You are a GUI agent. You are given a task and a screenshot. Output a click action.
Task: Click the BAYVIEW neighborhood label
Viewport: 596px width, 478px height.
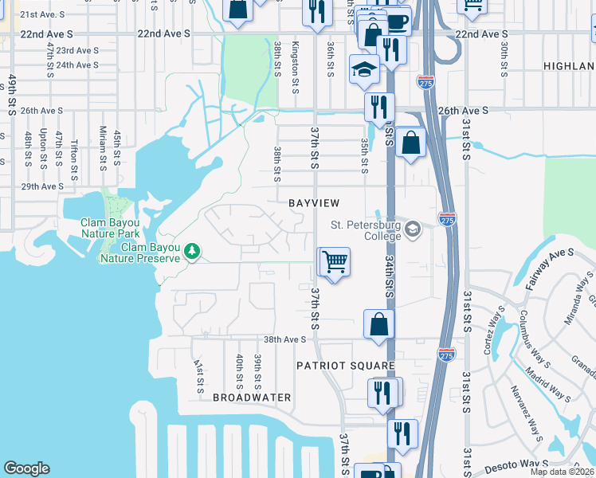pos(316,204)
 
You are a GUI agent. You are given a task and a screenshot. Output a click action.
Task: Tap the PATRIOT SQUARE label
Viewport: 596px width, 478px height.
pos(346,366)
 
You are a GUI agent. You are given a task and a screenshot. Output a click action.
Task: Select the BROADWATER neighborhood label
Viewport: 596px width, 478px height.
pos(252,397)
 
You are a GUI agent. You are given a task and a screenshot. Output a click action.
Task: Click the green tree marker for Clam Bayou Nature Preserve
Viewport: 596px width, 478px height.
pos(191,253)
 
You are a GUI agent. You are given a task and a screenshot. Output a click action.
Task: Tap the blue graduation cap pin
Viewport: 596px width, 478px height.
pos(364,69)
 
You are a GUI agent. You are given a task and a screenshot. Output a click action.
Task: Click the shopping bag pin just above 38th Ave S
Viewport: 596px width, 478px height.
pos(379,323)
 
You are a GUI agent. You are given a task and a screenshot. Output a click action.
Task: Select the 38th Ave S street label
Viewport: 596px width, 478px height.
pos(285,339)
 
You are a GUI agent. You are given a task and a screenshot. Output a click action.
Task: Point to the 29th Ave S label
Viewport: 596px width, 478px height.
pos(42,186)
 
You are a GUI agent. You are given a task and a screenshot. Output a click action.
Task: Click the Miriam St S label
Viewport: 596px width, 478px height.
pos(102,151)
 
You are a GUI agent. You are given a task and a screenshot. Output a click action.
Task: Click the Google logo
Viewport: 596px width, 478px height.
pos(26,468)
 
